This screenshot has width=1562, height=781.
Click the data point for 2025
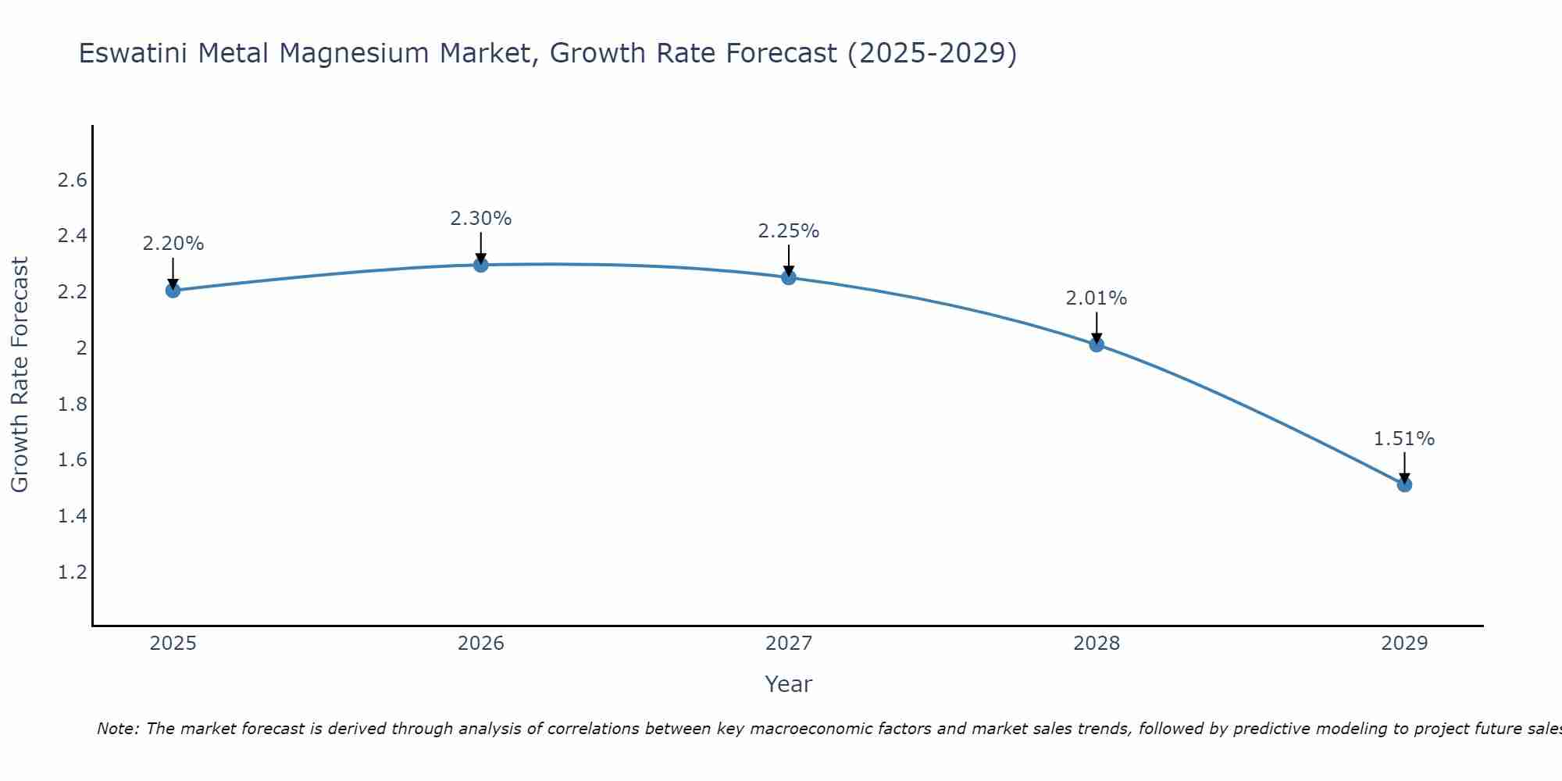click(x=173, y=291)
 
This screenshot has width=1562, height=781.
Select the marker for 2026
click(x=481, y=265)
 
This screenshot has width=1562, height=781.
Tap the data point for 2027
click(x=789, y=277)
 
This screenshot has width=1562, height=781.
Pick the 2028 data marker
click(x=1097, y=344)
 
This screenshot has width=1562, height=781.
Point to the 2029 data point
click(x=1404, y=485)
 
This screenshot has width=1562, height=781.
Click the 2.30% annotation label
click(x=481, y=219)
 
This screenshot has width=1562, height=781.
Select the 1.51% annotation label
click(x=1404, y=439)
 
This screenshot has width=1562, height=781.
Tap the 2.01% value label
click(x=1097, y=298)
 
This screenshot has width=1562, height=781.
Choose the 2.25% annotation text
click(x=789, y=231)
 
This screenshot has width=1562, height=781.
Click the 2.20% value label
click(x=173, y=244)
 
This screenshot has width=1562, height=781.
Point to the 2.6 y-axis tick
click(x=72, y=180)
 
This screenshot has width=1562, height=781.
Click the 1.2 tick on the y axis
click(x=72, y=572)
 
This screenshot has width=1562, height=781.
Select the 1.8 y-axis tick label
click(x=72, y=405)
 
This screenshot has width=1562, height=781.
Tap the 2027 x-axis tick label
click(x=789, y=644)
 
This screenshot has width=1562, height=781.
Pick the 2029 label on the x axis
click(x=1404, y=644)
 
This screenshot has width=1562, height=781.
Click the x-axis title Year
click(x=789, y=684)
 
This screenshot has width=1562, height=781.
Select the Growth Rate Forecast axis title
click(x=20, y=375)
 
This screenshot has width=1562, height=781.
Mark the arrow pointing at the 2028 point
click(x=1097, y=326)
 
